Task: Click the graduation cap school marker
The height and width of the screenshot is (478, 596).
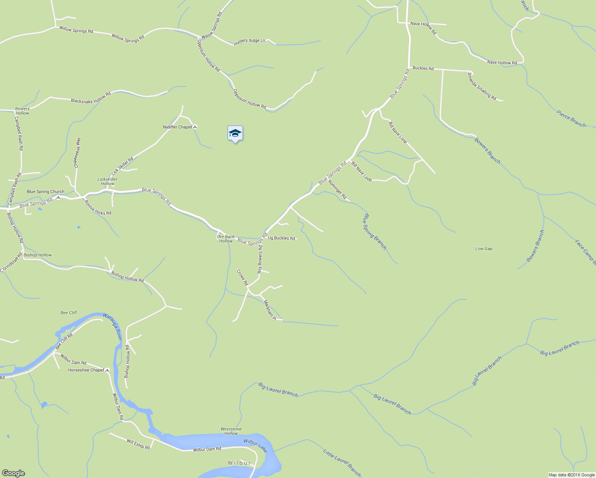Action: pyautogui.click(x=235, y=133)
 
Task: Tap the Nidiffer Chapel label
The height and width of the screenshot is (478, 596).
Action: pyautogui.click(x=177, y=127)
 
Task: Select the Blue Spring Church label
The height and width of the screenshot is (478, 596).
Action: pyautogui.click(x=45, y=192)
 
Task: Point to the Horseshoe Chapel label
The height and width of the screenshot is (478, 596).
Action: pyautogui.click(x=86, y=370)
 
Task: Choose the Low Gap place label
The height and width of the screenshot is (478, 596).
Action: pyautogui.click(x=484, y=249)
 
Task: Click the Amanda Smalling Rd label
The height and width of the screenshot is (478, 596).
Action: pyautogui.click(x=482, y=86)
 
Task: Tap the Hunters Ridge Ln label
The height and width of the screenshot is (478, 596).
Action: pyautogui.click(x=249, y=41)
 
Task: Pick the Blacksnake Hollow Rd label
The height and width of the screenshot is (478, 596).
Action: pyautogui.click(x=91, y=98)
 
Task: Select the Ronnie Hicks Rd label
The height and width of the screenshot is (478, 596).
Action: pyautogui.click(x=98, y=208)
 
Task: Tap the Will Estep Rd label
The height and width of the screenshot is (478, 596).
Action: pyautogui.click(x=138, y=444)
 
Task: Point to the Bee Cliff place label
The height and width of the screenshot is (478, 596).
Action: pyautogui.click(x=69, y=313)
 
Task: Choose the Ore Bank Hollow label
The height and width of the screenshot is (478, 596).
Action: pyautogui.click(x=225, y=239)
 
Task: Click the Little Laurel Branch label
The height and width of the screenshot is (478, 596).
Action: pyautogui.click(x=342, y=463)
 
